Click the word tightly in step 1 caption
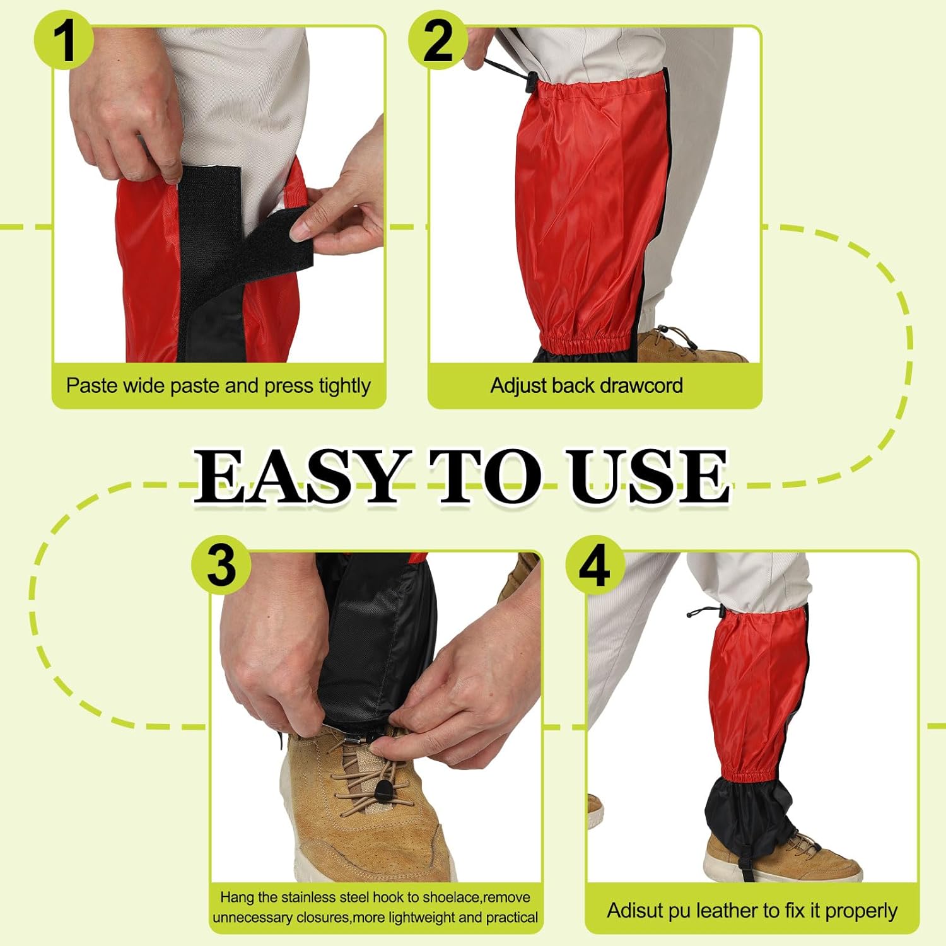[x=343, y=386]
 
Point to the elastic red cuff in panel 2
[x=588, y=343]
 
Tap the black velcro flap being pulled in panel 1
[x=277, y=243]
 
